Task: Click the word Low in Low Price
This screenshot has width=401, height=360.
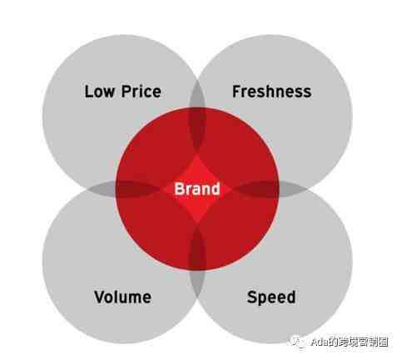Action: (99, 91)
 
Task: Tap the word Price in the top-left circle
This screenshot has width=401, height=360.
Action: (141, 91)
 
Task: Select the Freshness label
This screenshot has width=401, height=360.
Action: (272, 91)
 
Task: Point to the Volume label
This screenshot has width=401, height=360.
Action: (122, 297)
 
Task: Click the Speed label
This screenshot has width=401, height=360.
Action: (271, 298)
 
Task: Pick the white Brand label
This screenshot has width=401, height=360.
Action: (197, 189)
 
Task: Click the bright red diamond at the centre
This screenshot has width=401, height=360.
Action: (197, 189)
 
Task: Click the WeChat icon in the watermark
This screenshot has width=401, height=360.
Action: (298, 342)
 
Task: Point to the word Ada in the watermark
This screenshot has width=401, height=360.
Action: (319, 343)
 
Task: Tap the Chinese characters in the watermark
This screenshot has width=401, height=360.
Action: (359, 343)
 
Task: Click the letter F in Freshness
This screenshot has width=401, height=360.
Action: (236, 91)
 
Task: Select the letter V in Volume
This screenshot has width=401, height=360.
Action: (100, 297)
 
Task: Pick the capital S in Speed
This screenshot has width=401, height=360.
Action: (252, 297)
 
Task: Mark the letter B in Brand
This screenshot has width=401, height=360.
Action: (179, 189)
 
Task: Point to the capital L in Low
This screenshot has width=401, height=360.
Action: (88, 91)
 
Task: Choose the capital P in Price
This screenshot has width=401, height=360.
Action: (126, 91)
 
